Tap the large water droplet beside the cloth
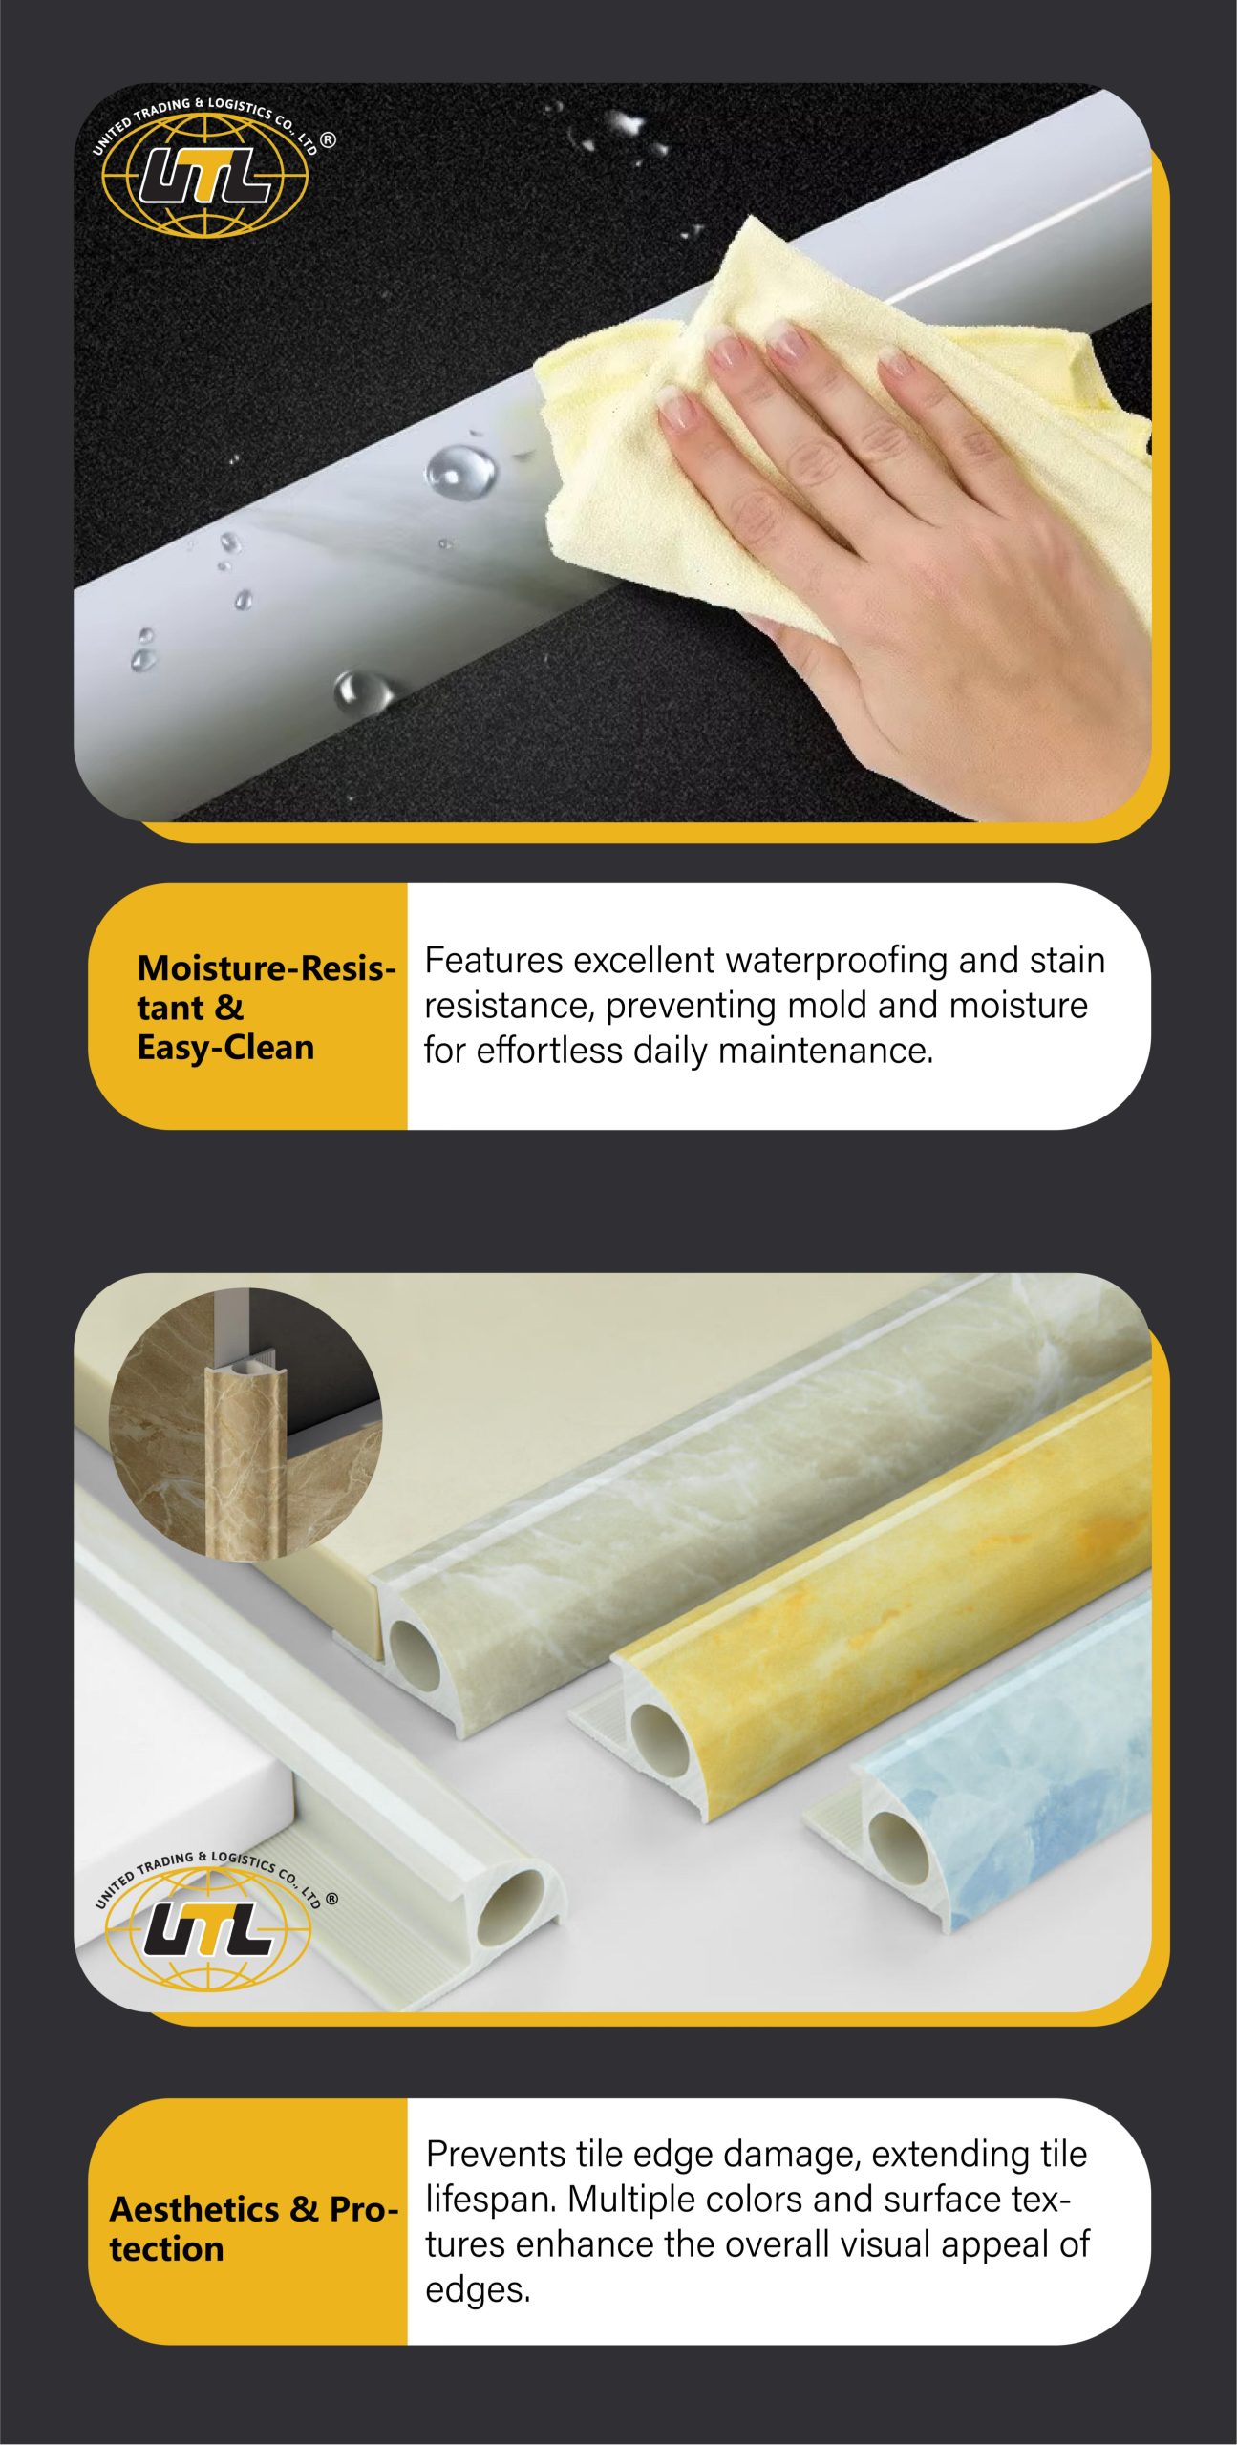tap(460, 471)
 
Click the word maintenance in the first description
tap(825, 1051)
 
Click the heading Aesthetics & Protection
tap(253, 2228)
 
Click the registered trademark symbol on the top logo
tap(328, 139)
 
